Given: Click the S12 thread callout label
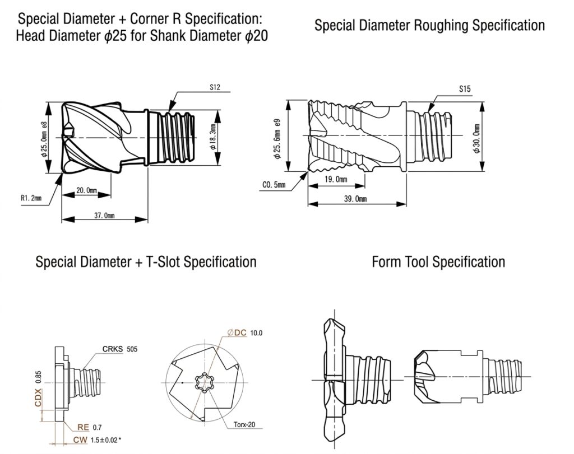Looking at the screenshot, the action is point(215,87).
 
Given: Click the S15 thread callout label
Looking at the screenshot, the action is point(465,89).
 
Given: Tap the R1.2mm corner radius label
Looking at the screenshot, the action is point(31,199).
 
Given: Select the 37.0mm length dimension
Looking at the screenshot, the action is point(104,216).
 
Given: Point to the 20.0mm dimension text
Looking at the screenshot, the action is point(87,190).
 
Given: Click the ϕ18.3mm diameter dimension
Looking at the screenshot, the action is point(213,137).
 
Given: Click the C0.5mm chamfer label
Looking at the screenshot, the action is point(274,185).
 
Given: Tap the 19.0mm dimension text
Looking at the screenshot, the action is point(336,180).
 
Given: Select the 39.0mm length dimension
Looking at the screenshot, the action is point(355,199).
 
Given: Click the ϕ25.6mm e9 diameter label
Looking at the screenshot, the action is point(277,138).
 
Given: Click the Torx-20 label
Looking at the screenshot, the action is point(244,425).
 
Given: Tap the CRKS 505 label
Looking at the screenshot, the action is point(120,349).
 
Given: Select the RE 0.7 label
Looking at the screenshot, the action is point(90,427).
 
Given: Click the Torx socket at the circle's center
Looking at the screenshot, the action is point(203,383).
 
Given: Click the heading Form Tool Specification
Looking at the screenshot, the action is point(438,262).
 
